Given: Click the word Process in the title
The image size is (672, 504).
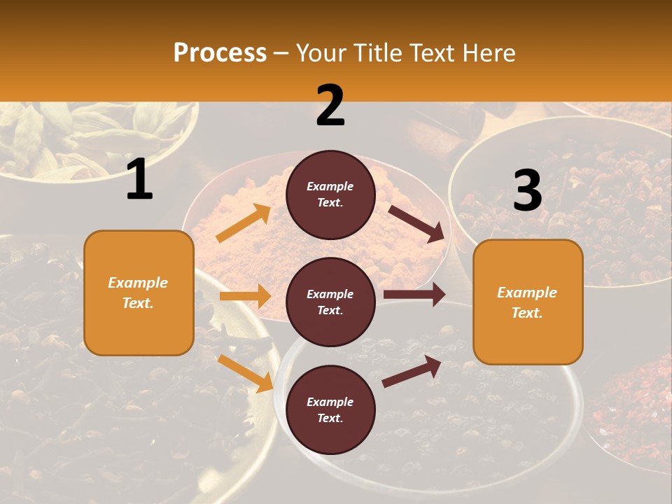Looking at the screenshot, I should pos(220,52).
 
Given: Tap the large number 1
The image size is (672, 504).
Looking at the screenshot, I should pos(139,179).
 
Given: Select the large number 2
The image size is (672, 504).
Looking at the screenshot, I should pos(330,106).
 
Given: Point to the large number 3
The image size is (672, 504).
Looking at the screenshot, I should pos(527,191).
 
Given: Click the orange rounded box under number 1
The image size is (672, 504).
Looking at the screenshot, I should pos(139,293).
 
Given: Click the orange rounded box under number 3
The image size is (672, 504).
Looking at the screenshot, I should pos(528,302).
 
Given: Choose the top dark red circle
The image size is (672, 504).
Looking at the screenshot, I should pos(330,195).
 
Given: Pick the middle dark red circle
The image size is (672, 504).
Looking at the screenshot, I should pos(330,302).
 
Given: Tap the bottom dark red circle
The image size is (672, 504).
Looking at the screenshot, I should pos(330,410).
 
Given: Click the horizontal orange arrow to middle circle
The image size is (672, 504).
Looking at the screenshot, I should pos(245,296).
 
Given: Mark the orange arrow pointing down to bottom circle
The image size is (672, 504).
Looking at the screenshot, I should pos(245,372).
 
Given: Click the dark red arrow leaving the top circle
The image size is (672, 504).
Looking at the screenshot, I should pos(416,223).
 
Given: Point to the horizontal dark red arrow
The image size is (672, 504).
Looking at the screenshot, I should pos(414,295).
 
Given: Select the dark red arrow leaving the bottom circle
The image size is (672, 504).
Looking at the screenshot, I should pos(412,371).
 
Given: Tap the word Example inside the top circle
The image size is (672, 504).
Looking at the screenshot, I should pos(330,187).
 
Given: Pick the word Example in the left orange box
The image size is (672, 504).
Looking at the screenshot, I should pos(138,283).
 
